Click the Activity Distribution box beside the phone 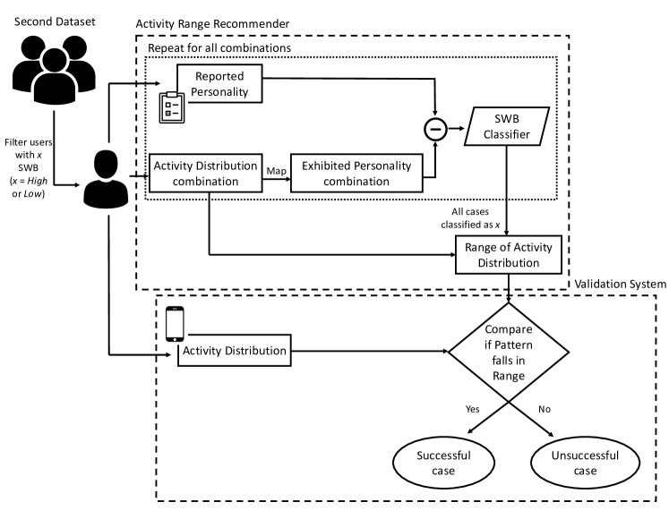235,350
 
